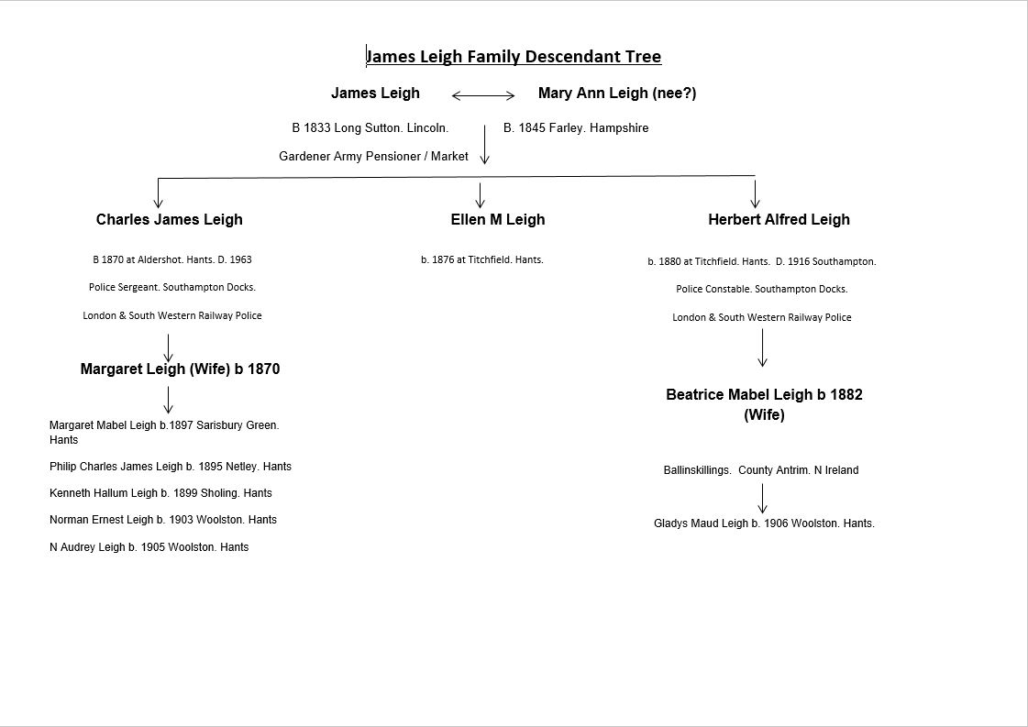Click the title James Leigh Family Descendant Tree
(x=514, y=56)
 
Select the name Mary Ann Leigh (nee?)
(x=617, y=94)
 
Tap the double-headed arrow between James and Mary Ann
(x=483, y=95)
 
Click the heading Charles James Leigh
(x=169, y=220)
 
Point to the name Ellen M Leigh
(x=498, y=220)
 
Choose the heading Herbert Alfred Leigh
(x=779, y=220)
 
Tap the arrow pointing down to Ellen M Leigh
(x=480, y=195)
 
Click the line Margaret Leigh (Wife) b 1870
(x=181, y=369)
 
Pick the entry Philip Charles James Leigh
(x=171, y=467)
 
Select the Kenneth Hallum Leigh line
(x=160, y=493)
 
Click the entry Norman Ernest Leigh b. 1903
(x=163, y=520)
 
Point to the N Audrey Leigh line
(x=149, y=546)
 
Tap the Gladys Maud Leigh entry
(x=764, y=523)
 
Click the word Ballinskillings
(x=697, y=470)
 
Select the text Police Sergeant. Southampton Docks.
(x=172, y=287)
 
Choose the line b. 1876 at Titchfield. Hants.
(x=481, y=259)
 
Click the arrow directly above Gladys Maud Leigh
(x=762, y=498)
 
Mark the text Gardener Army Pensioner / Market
(x=374, y=156)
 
